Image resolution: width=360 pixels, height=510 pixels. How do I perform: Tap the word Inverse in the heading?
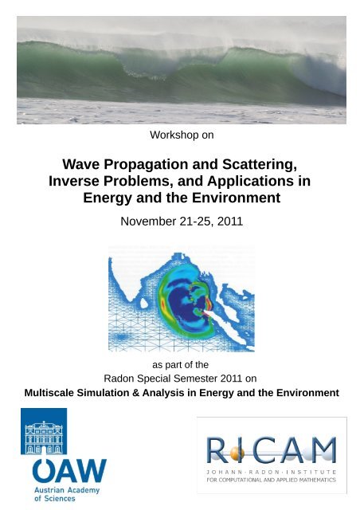(x=78, y=181)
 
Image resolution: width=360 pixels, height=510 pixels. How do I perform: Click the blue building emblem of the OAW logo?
(x=44, y=431)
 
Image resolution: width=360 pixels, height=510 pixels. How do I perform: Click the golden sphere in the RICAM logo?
(x=238, y=453)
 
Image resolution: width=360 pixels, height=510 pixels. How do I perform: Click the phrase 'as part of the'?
(x=180, y=363)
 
